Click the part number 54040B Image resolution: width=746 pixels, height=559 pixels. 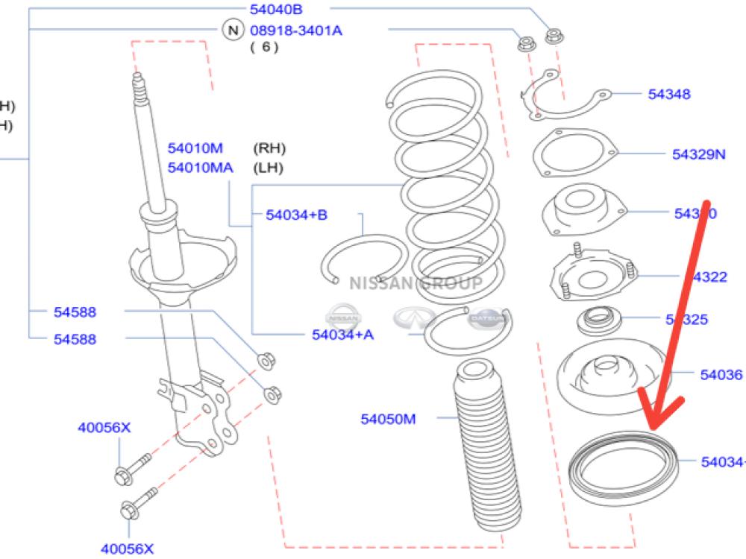pos(275,9)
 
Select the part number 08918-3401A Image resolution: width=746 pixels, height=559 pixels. pos(297,31)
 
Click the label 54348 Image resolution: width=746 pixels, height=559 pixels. pos(668,95)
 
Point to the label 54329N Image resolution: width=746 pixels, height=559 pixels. pos(698,154)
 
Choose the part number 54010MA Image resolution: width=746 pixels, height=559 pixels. pos(200,168)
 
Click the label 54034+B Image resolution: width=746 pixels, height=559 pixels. pos(296,215)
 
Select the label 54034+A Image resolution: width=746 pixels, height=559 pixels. pos(342,334)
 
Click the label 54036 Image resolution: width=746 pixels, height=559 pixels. pos(721,375)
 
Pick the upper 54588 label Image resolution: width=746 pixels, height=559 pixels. pos(75,312)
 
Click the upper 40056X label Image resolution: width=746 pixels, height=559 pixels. pos(104,428)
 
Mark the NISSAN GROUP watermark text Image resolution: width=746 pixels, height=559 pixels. pos(416,283)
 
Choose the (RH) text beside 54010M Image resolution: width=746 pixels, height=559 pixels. pos(269,148)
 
